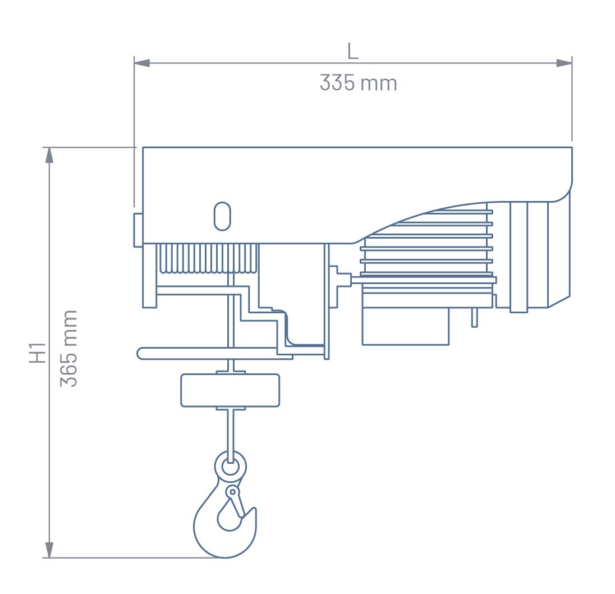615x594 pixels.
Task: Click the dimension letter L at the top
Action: pos(353,51)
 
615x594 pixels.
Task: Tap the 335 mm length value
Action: pos(358,83)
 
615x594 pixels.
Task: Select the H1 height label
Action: pos(38,353)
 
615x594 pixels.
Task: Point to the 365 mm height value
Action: pos(68,348)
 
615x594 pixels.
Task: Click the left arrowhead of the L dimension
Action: pos(142,63)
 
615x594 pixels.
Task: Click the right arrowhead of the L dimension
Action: pos(564,63)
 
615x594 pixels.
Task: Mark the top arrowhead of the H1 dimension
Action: pos(49,155)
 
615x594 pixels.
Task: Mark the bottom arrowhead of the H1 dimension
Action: pos(49,550)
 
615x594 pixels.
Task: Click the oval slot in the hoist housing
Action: pos(222,216)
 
